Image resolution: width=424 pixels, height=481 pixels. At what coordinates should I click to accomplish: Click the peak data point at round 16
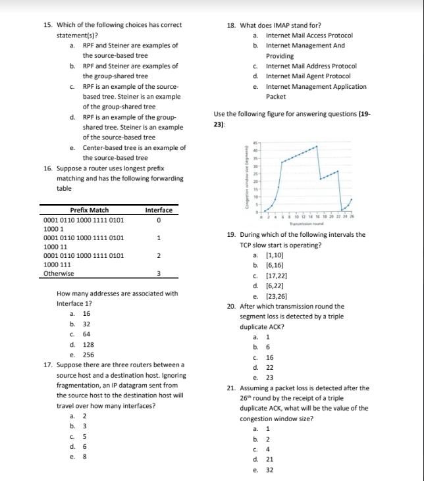tap(317, 146)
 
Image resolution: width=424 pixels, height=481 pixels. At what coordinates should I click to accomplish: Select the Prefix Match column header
tap(89, 210)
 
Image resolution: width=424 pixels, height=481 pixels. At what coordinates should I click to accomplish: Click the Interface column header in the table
tap(159, 210)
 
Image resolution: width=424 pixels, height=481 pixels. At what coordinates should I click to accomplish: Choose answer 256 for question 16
tap(88, 354)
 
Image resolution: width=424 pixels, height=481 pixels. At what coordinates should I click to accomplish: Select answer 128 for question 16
tap(88, 344)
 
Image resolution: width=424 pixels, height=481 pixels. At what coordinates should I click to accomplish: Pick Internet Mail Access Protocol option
tap(309, 36)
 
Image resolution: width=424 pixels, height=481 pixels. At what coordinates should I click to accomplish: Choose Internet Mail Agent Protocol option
tap(307, 76)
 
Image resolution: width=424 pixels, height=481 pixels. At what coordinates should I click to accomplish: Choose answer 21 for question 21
tap(269, 459)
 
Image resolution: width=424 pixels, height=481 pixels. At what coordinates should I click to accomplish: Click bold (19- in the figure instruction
tap(364, 114)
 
